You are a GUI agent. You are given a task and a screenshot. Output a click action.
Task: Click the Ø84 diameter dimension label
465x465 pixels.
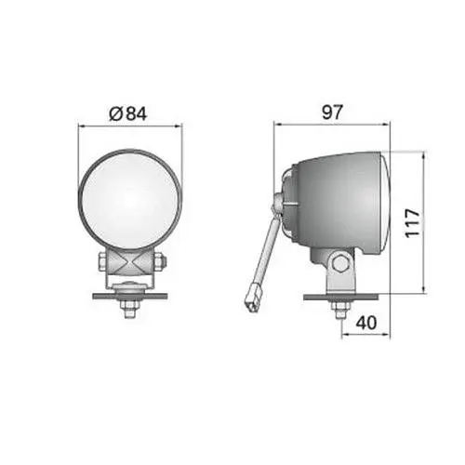tap(127, 113)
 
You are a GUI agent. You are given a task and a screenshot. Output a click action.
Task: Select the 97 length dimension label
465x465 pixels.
tap(333, 113)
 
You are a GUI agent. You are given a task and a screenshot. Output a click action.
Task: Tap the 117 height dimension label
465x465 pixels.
tap(412, 223)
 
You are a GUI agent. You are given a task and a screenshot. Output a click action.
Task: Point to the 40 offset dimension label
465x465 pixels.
tap(366, 323)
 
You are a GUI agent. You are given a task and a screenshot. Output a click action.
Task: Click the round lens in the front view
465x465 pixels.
tap(128, 199)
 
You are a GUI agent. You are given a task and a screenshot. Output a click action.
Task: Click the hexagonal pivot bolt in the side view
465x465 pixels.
tap(340, 263)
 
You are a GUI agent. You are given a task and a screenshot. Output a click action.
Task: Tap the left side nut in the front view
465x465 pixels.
tap(102, 262)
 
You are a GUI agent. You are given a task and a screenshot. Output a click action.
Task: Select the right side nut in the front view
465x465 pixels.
tap(159, 262)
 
